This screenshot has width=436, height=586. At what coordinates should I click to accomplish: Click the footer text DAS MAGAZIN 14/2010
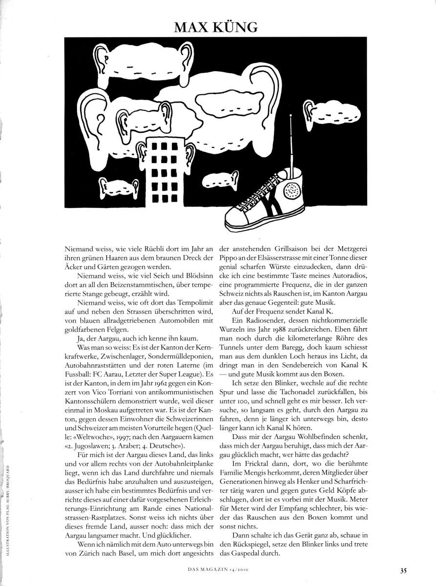click(x=217, y=568)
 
